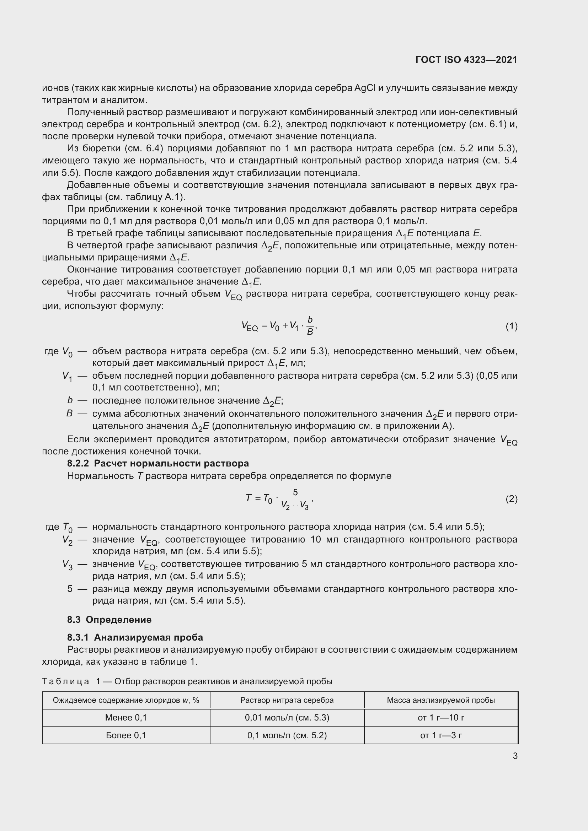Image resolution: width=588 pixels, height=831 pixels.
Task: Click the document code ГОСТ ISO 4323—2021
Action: tap(466, 60)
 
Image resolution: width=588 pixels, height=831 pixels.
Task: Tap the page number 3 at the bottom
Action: tap(515, 756)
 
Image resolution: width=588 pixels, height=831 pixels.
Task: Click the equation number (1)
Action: tap(511, 327)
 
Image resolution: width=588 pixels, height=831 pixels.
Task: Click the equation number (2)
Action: tap(511, 499)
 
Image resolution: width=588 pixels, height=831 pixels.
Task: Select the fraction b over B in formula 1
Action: tap(310, 326)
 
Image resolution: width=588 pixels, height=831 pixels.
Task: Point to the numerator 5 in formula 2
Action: tap(295, 492)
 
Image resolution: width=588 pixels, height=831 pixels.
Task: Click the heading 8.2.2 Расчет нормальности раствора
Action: tap(158, 463)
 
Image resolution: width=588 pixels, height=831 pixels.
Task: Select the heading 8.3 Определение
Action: tap(109, 620)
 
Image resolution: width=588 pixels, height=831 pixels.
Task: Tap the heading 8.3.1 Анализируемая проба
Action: tap(135, 637)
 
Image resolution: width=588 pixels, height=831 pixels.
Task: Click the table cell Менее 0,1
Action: tap(126, 717)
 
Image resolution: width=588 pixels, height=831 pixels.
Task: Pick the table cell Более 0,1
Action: tap(126, 735)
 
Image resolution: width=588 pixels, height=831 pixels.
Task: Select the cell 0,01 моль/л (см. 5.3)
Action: tap(287, 717)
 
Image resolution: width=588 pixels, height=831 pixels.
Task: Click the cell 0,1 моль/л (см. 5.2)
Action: tap(287, 735)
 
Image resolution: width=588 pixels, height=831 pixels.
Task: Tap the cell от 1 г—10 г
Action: tap(440, 717)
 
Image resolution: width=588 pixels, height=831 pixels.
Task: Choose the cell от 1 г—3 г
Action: tap(440, 735)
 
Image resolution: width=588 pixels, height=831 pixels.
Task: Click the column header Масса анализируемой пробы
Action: tap(440, 700)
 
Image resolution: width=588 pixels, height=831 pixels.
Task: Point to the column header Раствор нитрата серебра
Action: tap(287, 700)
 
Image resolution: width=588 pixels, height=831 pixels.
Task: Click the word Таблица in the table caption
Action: tap(65, 681)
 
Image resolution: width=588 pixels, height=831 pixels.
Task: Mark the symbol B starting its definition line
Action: tap(70, 413)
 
